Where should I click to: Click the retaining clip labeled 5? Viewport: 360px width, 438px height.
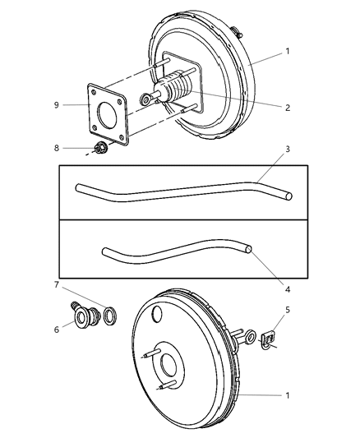coord(267,339)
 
